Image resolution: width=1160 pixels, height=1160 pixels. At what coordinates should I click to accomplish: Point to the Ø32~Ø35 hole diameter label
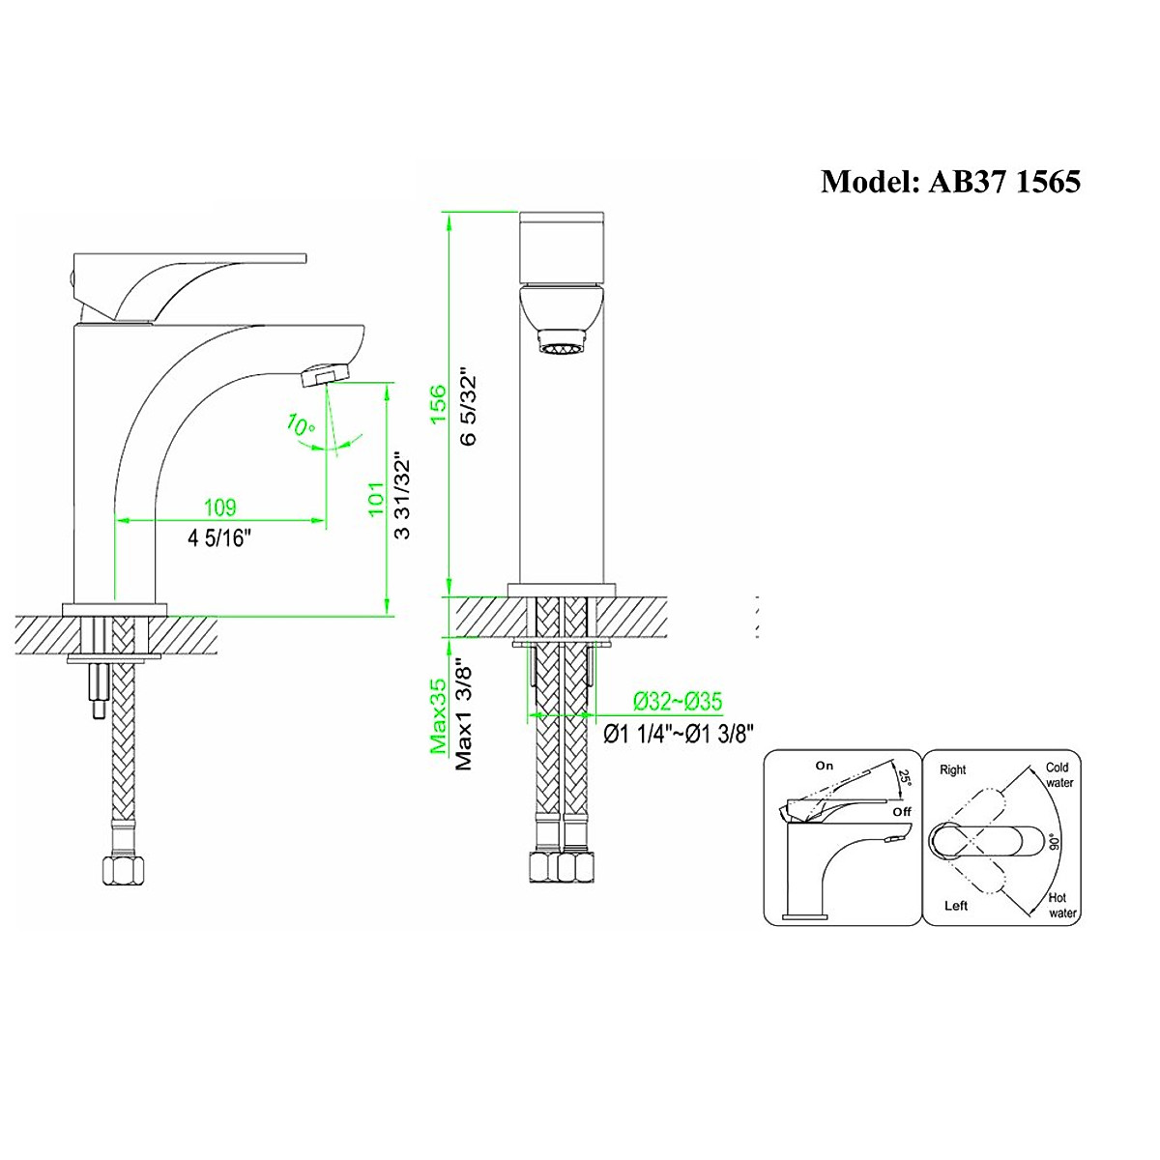pos(678,701)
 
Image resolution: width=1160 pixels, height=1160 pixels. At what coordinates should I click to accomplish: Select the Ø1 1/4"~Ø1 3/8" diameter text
pos(679,734)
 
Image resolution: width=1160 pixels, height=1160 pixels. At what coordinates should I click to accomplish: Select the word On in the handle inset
pos(824,766)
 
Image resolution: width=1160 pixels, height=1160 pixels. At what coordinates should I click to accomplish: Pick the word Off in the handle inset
pos(902,812)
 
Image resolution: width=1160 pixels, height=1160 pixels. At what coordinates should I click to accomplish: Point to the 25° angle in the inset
pos(905,779)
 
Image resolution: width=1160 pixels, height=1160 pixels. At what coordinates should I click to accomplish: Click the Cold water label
pos(1058,775)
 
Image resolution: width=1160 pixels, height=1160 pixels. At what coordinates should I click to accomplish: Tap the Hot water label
pos(1063,905)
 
